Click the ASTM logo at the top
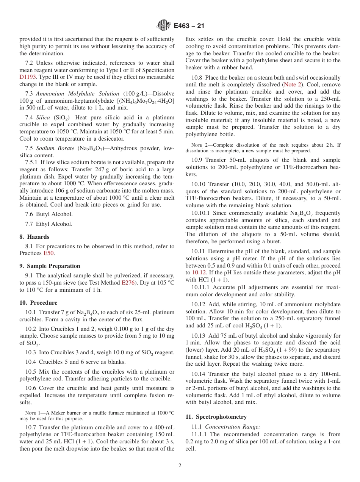pos(163,26)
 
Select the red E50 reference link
pos(49,253)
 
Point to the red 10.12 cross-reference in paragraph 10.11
pos(199,272)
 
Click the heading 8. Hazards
pos(34,237)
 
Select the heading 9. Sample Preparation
pos(50,266)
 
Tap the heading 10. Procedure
pos(38,303)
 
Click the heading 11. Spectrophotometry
pos(216,417)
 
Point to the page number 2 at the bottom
pos(180,466)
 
